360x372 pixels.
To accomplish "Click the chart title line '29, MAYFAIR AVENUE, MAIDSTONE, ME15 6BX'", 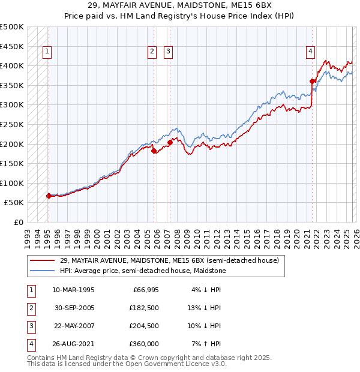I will pyautogui.click(x=179, y=5).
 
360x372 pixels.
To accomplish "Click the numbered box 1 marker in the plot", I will pyautogui.click(x=47, y=52).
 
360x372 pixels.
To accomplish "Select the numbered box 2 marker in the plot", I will pyautogui.click(x=152, y=52).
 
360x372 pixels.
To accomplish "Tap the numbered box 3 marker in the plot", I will pyautogui.click(x=169, y=52).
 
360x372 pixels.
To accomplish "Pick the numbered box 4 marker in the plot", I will pyautogui.click(x=310, y=52).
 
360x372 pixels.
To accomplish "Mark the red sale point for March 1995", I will pyautogui.click(x=49, y=196).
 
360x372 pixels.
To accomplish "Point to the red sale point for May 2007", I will pyautogui.click(x=170, y=142).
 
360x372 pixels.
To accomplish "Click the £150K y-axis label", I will pyautogui.click(x=12, y=163).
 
